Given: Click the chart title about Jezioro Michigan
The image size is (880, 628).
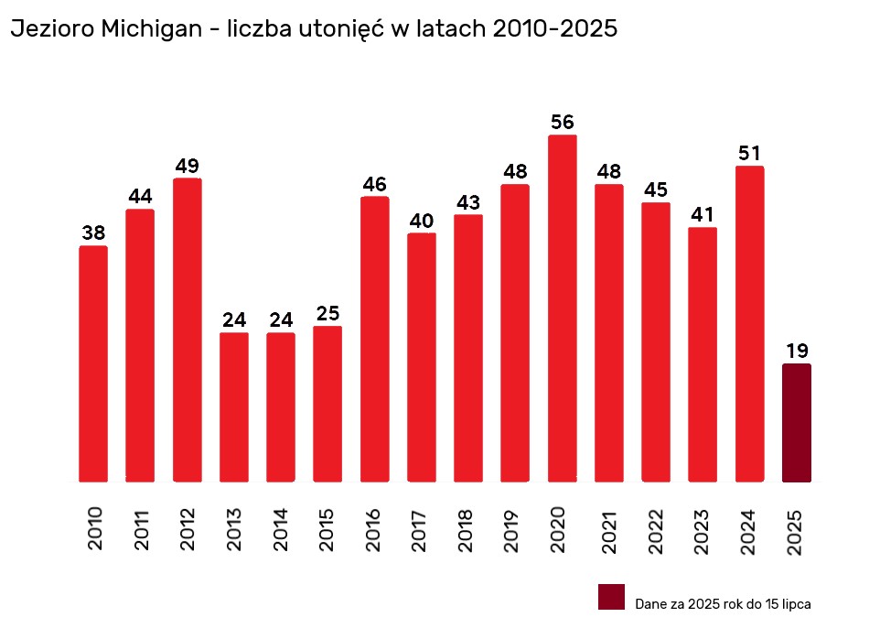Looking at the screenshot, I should [x=314, y=29].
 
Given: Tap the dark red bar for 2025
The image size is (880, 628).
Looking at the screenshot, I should [x=797, y=422].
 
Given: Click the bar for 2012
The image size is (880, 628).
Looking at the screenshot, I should [x=187, y=330].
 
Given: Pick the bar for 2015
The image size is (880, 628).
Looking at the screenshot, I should [x=327, y=404].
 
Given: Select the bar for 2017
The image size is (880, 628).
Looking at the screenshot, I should [x=422, y=357].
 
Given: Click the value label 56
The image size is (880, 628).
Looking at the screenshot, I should [x=563, y=122].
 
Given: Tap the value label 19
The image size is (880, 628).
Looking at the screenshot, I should [x=797, y=351].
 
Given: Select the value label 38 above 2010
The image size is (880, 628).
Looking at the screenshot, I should [x=93, y=233].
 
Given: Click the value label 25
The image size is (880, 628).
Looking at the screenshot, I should [x=327, y=314].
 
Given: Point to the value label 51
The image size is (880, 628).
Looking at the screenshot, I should [x=749, y=153].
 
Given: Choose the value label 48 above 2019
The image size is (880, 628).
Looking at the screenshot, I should [x=515, y=171].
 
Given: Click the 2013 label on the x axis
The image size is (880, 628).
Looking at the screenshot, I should [x=234, y=528].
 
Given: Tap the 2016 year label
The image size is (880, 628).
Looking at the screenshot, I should [x=374, y=528].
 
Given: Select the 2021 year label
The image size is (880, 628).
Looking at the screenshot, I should [x=608, y=528].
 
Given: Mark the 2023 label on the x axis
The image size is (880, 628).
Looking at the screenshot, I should [x=703, y=528].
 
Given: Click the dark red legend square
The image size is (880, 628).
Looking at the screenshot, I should [x=611, y=597].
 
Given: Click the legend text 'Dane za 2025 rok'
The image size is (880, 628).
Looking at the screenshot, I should [x=723, y=604].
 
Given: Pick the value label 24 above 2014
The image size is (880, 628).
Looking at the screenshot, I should [x=281, y=320].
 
